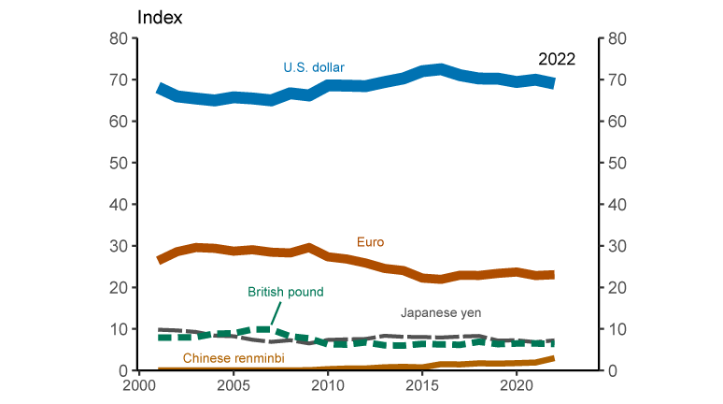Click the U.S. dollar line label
pos(314,67)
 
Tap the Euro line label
pos(370,242)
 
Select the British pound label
pos(286,292)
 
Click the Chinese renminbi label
pos(234,358)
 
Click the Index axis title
pos(161,18)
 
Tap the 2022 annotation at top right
pos(556,58)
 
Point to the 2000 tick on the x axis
pos(138,385)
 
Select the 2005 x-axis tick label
pos(233,385)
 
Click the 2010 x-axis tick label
pos(327,385)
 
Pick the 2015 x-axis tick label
pos(422,385)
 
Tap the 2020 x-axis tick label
pos(517,385)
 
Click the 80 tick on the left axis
pos(118,38)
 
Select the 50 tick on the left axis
pos(118,163)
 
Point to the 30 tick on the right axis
pos(617,246)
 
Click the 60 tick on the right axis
pos(617,122)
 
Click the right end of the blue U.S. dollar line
pos(553,83)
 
